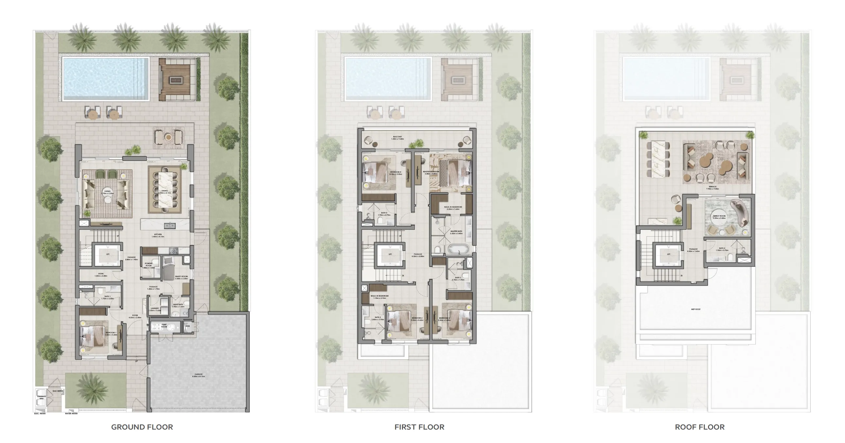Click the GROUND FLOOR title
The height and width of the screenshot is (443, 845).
coord(142,427)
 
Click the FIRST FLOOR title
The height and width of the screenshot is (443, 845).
coord(419,427)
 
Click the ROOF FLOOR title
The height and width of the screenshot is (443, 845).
coord(700,427)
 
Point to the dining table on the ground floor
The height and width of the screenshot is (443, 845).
coord(165,190)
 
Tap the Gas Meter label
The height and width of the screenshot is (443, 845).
coord(57,391)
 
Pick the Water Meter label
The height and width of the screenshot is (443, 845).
coord(71,414)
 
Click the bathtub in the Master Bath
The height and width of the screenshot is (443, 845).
coord(459,249)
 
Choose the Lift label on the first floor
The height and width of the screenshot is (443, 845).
coord(390,254)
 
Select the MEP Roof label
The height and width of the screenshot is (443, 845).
coord(695,309)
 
